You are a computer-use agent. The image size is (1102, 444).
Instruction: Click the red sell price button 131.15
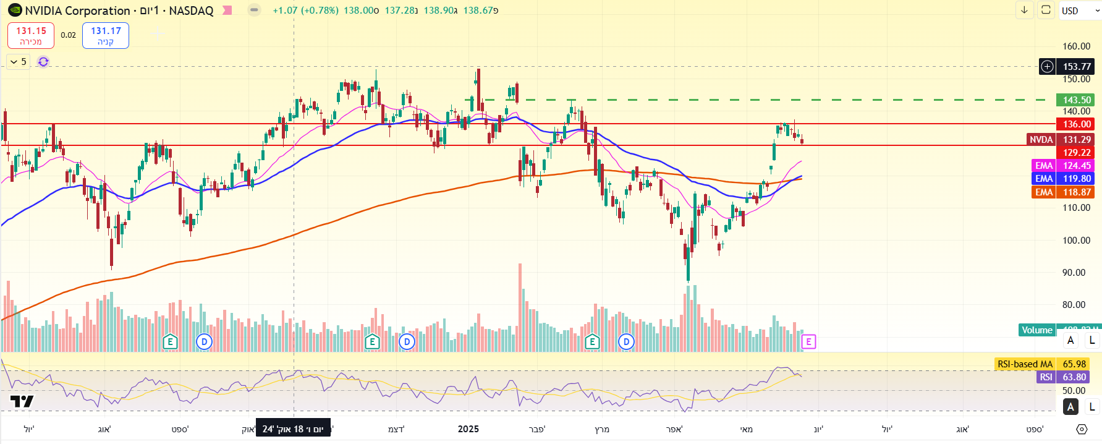pyautogui.click(x=30, y=35)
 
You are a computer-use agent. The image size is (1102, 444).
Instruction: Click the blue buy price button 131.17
pyautogui.click(x=106, y=35)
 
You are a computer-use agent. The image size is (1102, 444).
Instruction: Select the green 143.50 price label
pyautogui.click(x=1076, y=100)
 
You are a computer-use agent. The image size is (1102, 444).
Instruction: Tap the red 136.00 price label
pyautogui.click(x=1076, y=124)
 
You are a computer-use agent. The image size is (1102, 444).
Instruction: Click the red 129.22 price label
pyautogui.click(x=1076, y=153)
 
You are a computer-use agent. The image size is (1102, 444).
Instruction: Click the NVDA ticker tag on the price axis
pyautogui.click(x=1041, y=140)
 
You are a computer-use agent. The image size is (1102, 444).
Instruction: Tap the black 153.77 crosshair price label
pyautogui.click(x=1076, y=67)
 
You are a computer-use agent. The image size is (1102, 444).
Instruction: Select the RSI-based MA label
pyautogui.click(x=1025, y=364)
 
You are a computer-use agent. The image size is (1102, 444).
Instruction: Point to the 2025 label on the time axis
pyautogui.click(x=468, y=429)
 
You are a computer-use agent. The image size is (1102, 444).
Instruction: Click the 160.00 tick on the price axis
pyautogui.click(x=1076, y=46)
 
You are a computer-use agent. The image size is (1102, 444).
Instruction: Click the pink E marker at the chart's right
pyautogui.click(x=808, y=341)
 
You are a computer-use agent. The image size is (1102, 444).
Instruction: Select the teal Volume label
pyautogui.click(x=1036, y=330)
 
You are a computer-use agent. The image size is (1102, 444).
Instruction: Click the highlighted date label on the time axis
pyautogui.click(x=293, y=429)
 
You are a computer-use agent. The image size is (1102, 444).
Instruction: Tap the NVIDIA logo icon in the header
pyautogui.click(x=15, y=11)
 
